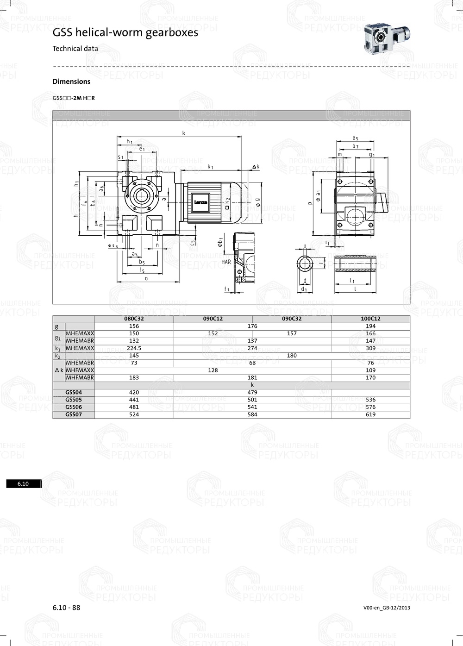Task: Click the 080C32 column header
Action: pos(134,319)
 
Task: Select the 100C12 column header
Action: pos(370,319)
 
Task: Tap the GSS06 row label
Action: pos(74,407)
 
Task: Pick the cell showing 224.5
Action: pos(134,348)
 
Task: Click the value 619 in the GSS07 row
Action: pos(370,414)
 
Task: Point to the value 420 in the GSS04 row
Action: pos(134,392)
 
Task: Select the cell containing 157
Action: pos(292,333)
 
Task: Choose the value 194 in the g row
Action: pos(370,326)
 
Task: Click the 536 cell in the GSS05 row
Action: pos(370,400)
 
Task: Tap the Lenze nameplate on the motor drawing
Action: pos(201,202)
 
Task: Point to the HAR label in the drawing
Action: pos(226,262)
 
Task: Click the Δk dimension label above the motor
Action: pos(256,166)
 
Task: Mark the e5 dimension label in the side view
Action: pos(355,138)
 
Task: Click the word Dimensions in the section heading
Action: pos(71,82)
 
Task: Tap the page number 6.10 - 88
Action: pos(66,608)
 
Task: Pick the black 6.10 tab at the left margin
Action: pos(24,484)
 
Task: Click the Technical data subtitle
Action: pos(75,48)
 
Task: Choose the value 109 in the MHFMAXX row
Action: pos(370,370)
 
